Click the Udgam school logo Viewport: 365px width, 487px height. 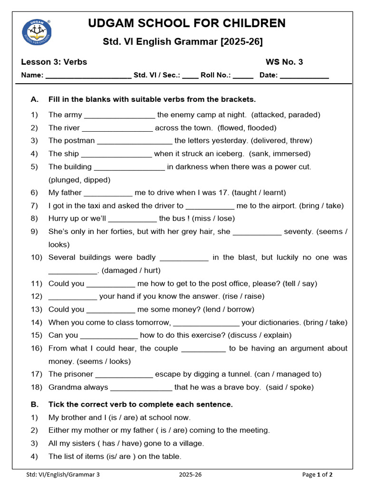(37, 32)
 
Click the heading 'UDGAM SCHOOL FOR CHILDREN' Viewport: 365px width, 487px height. (187, 23)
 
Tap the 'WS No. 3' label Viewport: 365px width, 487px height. (284, 62)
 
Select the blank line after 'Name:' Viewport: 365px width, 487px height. (88, 76)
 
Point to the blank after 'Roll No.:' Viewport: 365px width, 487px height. (243, 76)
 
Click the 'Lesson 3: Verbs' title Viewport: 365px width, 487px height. (54, 62)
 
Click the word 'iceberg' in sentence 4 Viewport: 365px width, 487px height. (231, 154)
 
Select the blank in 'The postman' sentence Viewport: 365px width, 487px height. (134, 141)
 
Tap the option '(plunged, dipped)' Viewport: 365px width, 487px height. (79, 180)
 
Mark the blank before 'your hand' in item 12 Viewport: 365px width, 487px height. (73, 297)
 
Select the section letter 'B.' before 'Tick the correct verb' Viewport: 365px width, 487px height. (35, 404)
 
